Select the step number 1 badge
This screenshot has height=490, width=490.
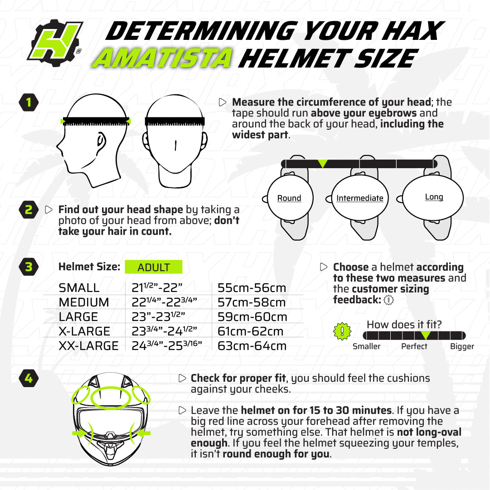29,102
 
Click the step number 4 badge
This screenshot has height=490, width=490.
29,378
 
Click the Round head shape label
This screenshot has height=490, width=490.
289,198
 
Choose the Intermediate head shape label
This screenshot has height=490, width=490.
359,198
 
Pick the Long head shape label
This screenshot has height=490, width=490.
434,197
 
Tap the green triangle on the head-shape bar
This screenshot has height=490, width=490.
322,164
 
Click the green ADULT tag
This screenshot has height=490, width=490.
153,267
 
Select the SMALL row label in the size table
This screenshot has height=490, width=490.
79,288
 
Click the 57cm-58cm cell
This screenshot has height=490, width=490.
252,302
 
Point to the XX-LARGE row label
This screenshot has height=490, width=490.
88,346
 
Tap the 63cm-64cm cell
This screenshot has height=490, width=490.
252,346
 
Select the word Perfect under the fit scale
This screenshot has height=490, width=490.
414,346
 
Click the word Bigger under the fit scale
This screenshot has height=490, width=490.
461,346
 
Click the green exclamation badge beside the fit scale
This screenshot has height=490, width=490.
342,332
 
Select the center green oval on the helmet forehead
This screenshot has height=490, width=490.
111,398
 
